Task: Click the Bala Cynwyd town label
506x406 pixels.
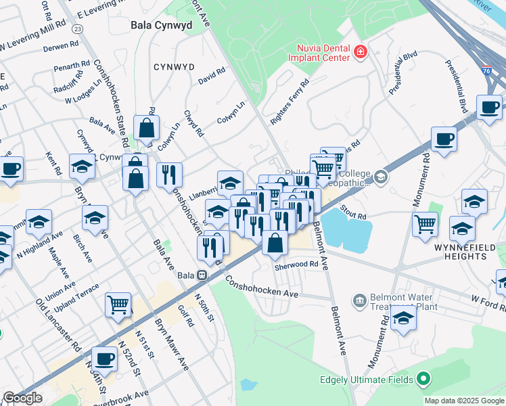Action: [x=161, y=25]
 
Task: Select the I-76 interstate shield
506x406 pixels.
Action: [x=486, y=69]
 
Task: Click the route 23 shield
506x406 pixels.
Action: [x=78, y=28]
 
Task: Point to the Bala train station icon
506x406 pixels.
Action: [x=202, y=275]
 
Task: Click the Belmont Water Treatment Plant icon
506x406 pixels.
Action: [x=359, y=299]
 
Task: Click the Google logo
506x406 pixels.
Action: [x=23, y=398]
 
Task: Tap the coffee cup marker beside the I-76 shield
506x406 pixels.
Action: [x=489, y=107]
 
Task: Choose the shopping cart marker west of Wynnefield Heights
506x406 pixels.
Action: [x=425, y=223]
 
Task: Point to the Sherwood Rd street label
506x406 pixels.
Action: [x=296, y=265]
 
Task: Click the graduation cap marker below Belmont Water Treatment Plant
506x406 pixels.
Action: [x=403, y=319]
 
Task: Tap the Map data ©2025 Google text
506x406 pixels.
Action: [x=464, y=401]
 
